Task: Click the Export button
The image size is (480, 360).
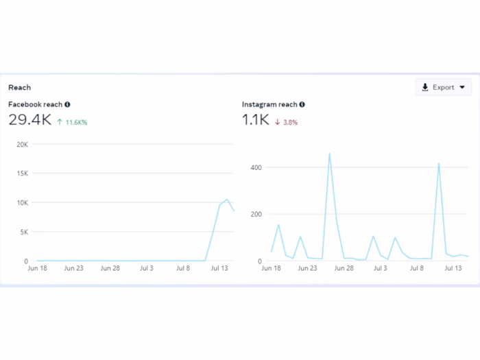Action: [443, 87]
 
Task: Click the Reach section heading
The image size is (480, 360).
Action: [19, 88]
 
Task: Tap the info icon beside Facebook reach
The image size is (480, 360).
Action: [67, 105]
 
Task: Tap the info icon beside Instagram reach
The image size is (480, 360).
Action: [302, 105]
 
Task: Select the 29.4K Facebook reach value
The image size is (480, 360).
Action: [29, 120]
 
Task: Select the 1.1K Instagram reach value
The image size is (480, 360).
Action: [254, 120]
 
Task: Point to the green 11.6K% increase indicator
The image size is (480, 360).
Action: [71, 122]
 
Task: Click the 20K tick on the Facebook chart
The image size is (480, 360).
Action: [22, 145]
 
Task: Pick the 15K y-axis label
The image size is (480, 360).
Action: [22, 174]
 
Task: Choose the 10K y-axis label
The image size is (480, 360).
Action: [22, 203]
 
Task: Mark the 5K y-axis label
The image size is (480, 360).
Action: [23, 232]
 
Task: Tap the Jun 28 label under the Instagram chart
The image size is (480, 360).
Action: [344, 268]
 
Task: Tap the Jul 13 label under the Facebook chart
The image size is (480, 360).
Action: [220, 268]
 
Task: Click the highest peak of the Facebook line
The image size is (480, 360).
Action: [227, 200]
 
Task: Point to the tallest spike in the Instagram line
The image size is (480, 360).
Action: [330, 154]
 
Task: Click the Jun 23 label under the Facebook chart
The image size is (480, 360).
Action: [73, 268]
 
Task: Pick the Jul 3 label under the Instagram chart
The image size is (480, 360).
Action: [381, 268]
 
